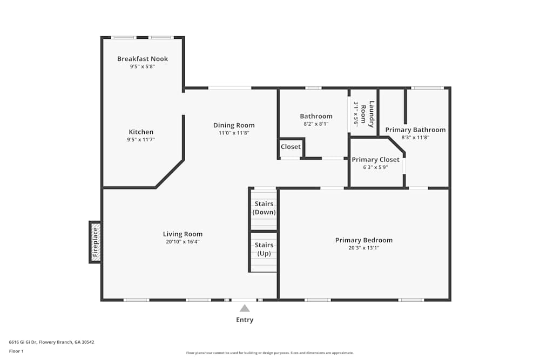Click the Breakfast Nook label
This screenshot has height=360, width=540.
point(143,59)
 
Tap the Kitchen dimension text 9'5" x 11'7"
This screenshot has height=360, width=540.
point(141,140)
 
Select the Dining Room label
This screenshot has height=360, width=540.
point(234,125)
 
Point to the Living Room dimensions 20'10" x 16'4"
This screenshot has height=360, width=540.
point(183,242)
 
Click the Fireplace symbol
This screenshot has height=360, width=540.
point(95,242)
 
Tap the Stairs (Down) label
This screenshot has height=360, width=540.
point(264,208)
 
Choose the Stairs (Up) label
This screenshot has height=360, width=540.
point(264,249)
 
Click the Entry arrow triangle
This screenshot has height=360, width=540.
point(245,308)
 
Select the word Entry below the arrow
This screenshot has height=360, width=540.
point(245,320)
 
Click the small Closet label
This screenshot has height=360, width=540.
point(291,147)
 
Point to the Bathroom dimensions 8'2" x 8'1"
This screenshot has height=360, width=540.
point(316,124)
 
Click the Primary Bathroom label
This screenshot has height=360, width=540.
point(415,130)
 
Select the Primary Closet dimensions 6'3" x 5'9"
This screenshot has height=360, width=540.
point(375,167)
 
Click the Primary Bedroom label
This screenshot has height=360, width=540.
point(363,240)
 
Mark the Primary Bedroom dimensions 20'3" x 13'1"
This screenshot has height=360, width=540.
point(363,248)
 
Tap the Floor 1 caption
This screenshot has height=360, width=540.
point(16,351)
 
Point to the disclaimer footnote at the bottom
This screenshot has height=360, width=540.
point(270,353)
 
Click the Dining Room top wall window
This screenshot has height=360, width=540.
point(230,88)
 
